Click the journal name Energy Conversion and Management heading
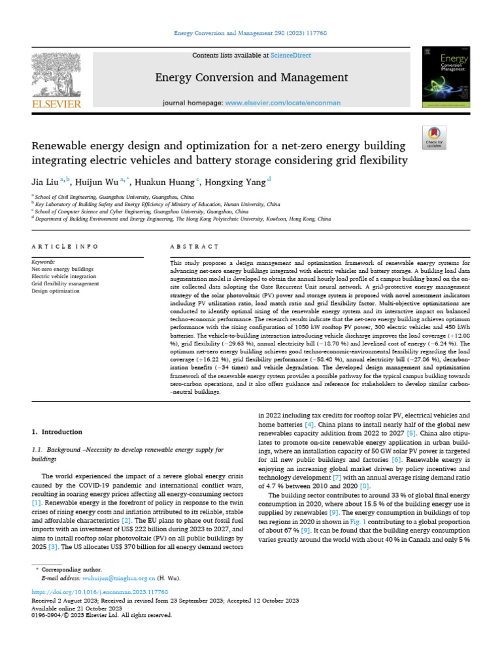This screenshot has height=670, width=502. click(251, 78)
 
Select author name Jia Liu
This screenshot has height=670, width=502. click(44, 181)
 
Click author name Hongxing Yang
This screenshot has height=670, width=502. click(238, 181)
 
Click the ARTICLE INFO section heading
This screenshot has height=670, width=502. click(65, 247)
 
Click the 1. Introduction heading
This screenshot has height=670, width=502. click(58, 432)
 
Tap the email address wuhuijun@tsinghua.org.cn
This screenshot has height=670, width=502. click(118, 578)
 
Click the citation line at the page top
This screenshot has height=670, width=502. click(251, 33)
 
